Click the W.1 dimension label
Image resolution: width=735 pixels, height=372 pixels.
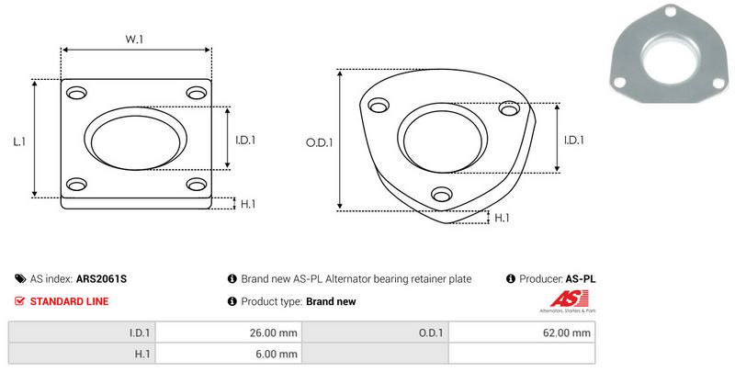(134, 39)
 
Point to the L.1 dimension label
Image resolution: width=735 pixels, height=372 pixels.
(19, 141)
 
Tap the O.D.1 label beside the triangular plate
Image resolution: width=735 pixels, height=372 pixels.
(319, 142)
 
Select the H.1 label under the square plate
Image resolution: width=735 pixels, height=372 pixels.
(248, 204)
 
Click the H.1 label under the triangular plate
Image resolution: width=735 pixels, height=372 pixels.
(502, 218)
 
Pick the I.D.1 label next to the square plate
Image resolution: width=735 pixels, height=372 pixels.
(245, 141)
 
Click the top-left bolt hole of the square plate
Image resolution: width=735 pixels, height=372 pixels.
(76, 93)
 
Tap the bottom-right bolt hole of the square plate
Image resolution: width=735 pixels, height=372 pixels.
(197, 184)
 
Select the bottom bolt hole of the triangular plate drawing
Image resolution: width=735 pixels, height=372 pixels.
(442, 194)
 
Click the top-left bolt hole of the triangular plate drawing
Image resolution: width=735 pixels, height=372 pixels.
(379, 106)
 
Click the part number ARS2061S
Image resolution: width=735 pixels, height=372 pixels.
(101, 279)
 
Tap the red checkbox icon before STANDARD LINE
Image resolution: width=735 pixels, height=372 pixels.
(19, 301)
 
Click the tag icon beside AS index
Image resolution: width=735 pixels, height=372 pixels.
(20, 279)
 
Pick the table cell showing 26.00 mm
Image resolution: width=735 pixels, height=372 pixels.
(228, 333)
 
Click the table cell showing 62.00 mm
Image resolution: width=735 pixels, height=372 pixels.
(522, 333)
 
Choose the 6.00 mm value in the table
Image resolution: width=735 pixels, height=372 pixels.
(277, 354)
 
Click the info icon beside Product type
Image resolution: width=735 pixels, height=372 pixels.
(232, 301)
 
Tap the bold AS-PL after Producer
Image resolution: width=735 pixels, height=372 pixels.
(581, 279)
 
